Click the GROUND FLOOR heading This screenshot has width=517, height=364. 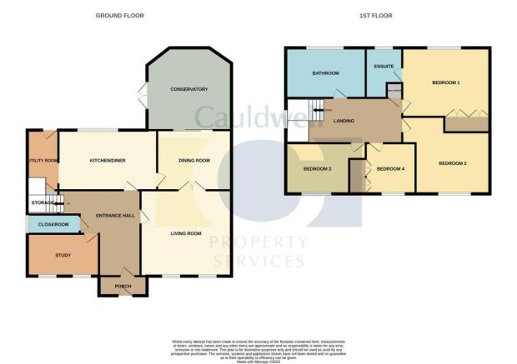click(x=117, y=16)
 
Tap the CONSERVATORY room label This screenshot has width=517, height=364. click(x=188, y=89)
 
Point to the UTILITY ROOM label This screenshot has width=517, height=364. click(x=43, y=160)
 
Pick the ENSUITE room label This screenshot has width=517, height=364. click(x=384, y=66)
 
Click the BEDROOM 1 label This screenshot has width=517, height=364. click(x=446, y=83)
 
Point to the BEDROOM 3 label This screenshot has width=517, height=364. click(x=317, y=169)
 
